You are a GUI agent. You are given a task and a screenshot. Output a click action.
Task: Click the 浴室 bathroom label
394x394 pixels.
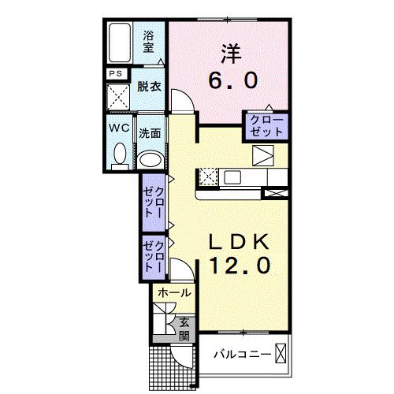[x=148, y=41]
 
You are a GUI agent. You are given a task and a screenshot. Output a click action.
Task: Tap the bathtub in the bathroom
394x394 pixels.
[x=121, y=44]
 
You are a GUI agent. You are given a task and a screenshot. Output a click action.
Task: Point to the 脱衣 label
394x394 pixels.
[x=150, y=87]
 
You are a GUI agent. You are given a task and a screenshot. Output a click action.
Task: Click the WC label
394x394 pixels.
[x=118, y=128]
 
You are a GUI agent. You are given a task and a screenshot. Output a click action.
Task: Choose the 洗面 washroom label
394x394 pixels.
[x=150, y=133]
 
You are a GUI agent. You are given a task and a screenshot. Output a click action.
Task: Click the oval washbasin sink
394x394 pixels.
[x=150, y=158]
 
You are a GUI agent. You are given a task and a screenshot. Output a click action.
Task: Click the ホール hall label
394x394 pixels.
[x=173, y=293]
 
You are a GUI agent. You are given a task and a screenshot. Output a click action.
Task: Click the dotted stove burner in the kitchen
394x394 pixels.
[x=209, y=176]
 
